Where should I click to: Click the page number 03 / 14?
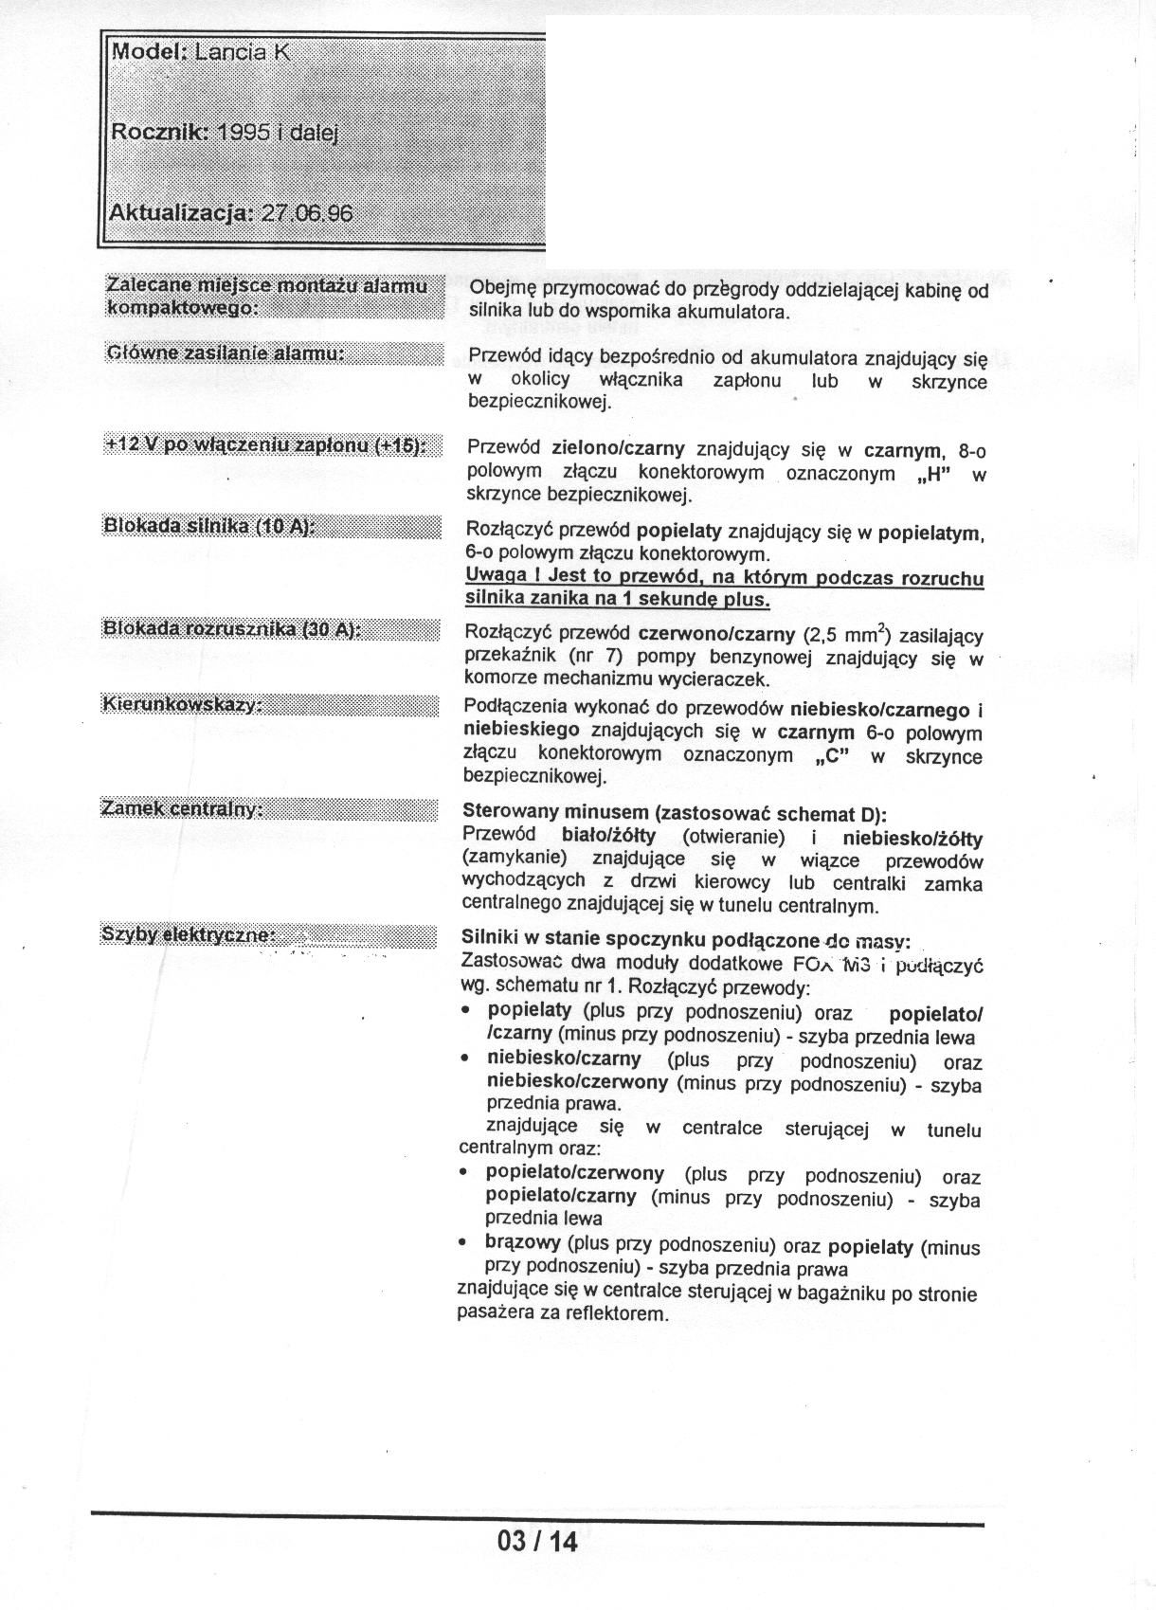[536, 1542]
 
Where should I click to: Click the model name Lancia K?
[242, 53]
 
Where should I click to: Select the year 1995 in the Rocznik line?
[244, 133]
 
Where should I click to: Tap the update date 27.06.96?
[306, 212]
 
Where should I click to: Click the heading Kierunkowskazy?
[181, 706]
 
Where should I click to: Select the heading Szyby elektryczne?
[189, 935]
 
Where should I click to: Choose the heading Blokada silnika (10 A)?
[208, 527]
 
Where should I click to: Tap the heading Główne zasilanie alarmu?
[225, 353]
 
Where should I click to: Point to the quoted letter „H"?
[933, 473]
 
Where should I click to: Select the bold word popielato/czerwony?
[574, 1173]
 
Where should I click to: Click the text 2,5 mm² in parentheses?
[850, 634]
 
